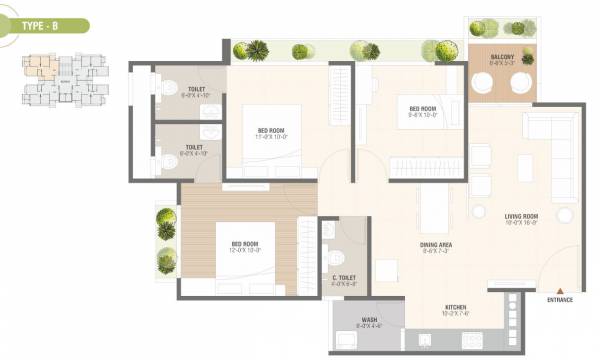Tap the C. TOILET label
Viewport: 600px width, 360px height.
pos(343,281)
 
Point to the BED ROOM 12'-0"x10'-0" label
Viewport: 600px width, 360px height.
pos(246,247)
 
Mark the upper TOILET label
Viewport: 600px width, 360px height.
pos(196,93)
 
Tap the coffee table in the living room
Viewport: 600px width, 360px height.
pos(525,169)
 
